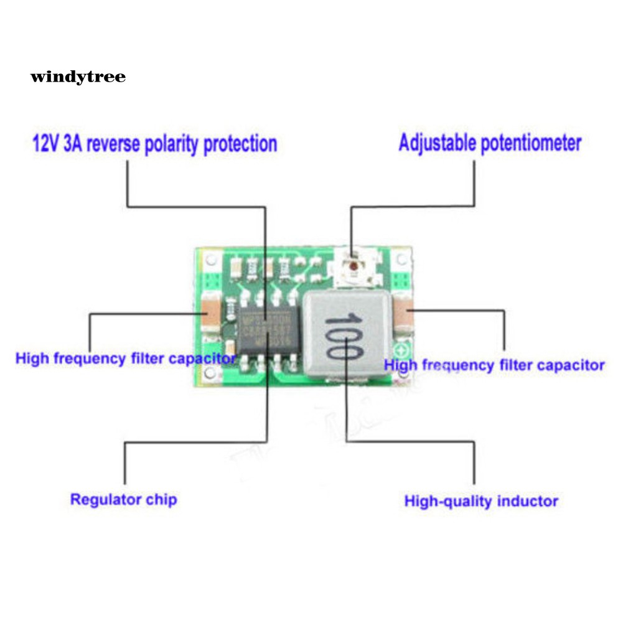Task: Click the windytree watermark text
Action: [x=78, y=77]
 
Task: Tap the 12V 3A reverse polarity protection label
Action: [x=154, y=144]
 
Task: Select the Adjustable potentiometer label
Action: [x=490, y=143]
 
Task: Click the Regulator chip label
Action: [x=123, y=499]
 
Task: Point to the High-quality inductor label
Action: [x=481, y=501]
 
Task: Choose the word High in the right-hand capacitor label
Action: [x=401, y=365]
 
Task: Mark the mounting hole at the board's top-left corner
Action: [x=211, y=258]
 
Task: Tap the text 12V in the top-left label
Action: [x=45, y=144]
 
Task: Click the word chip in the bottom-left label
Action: [x=162, y=499]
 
